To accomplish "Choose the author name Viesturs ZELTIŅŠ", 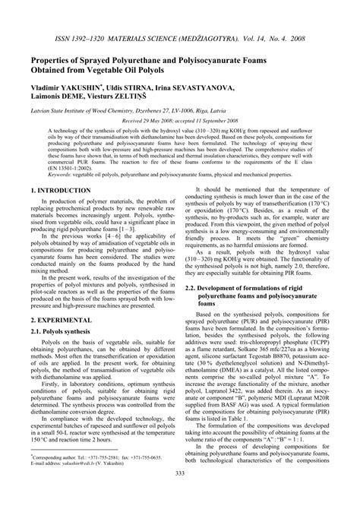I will (x=137, y=78).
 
